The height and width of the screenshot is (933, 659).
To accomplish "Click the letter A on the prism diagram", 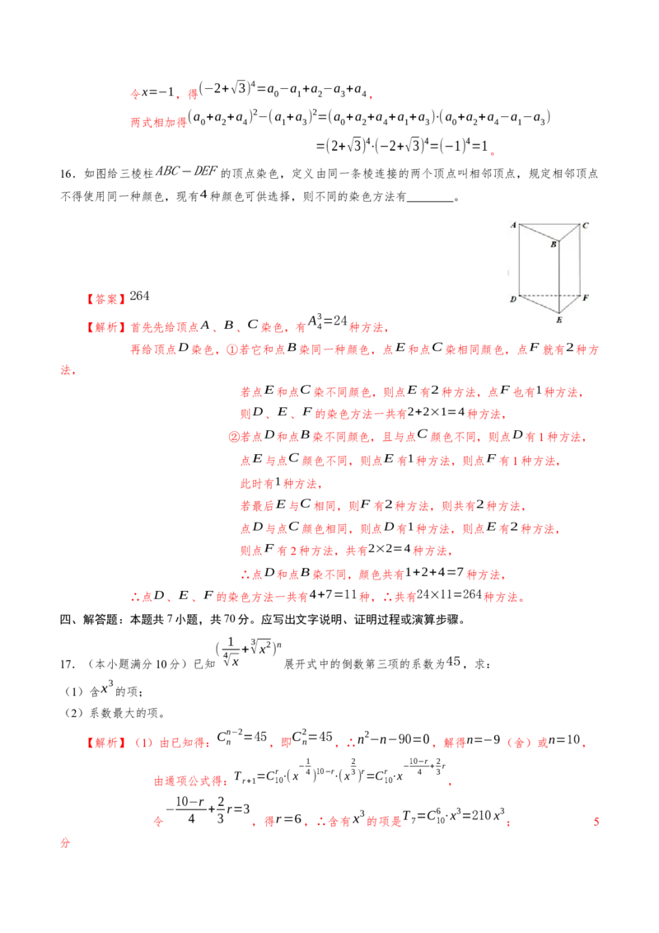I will click(x=512, y=224).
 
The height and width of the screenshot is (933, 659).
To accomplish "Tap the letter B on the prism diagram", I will click(x=554, y=245).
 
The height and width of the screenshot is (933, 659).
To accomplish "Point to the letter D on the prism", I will click(x=512, y=298).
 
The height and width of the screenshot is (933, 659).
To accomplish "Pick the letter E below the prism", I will click(x=559, y=319).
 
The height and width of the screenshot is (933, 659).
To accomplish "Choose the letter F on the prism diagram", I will click(x=585, y=298).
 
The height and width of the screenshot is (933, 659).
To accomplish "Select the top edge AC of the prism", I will click(x=549, y=223).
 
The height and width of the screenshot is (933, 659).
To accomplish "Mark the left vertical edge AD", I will click(x=519, y=259).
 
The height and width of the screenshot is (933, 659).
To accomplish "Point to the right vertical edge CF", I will click(x=579, y=259).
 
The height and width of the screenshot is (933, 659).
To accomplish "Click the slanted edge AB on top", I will click(x=540, y=231).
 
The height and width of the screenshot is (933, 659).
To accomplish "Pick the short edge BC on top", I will click(x=570, y=231).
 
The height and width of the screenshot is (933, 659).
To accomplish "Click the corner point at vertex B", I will click(x=560, y=240).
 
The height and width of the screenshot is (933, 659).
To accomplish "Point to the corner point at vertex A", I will click(x=519, y=223).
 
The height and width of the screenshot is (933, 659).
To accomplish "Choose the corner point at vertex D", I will click(x=519, y=295).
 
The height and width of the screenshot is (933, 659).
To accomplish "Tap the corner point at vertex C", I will click(x=579, y=223).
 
